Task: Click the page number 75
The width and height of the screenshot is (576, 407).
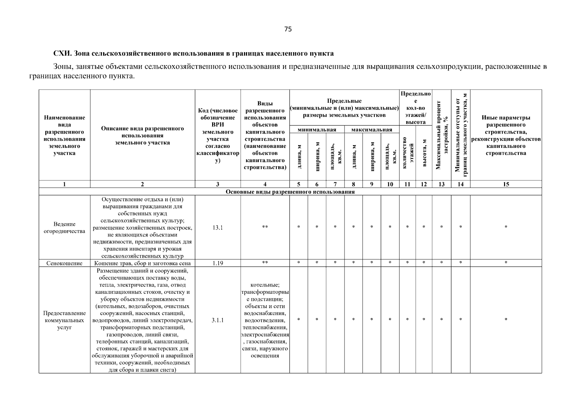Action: (x=288, y=29)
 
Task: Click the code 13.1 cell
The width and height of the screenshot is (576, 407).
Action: (x=218, y=228)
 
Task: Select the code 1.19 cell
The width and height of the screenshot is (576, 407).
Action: (x=218, y=263)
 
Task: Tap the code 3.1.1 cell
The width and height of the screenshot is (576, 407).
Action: (x=218, y=320)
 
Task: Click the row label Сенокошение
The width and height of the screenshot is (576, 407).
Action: (x=64, y=263)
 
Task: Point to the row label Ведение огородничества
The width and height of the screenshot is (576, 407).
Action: (x=64, y=228)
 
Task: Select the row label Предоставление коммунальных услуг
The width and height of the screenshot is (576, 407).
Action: (x=64, y=320)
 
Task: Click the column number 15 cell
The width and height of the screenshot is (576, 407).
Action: (x=506, y=184)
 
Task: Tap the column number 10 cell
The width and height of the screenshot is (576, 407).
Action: (x=390, y=184)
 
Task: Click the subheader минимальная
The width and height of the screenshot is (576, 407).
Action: (x=317, y=130)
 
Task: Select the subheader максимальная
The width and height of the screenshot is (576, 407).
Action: (x=372, y=130)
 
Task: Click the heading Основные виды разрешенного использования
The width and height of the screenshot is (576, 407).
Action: (x=290, y=192)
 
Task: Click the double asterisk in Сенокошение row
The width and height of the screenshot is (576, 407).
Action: (x=265, y=263)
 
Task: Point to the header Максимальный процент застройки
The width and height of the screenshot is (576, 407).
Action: (x=442, y=135)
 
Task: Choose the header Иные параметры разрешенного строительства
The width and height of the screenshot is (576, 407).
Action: (x=506, y=135)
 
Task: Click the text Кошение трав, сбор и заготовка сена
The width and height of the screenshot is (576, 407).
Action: (x=142, y=263)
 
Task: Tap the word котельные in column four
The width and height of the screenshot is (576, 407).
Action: (x=265, y=285)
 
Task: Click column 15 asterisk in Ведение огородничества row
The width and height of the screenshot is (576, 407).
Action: (x=506, y=227)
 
